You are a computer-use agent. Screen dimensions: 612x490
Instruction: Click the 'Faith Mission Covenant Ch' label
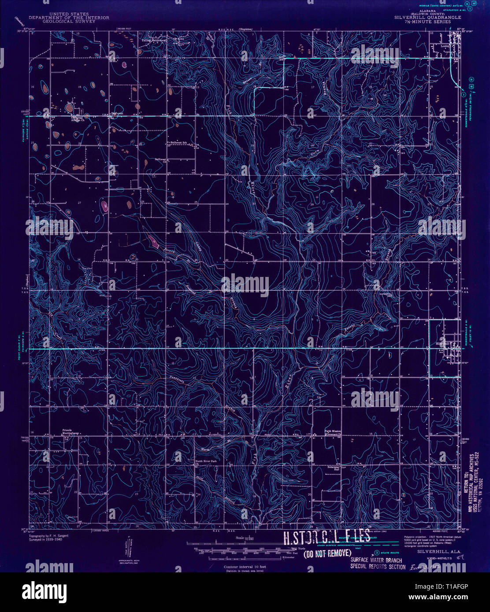(334, 432)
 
